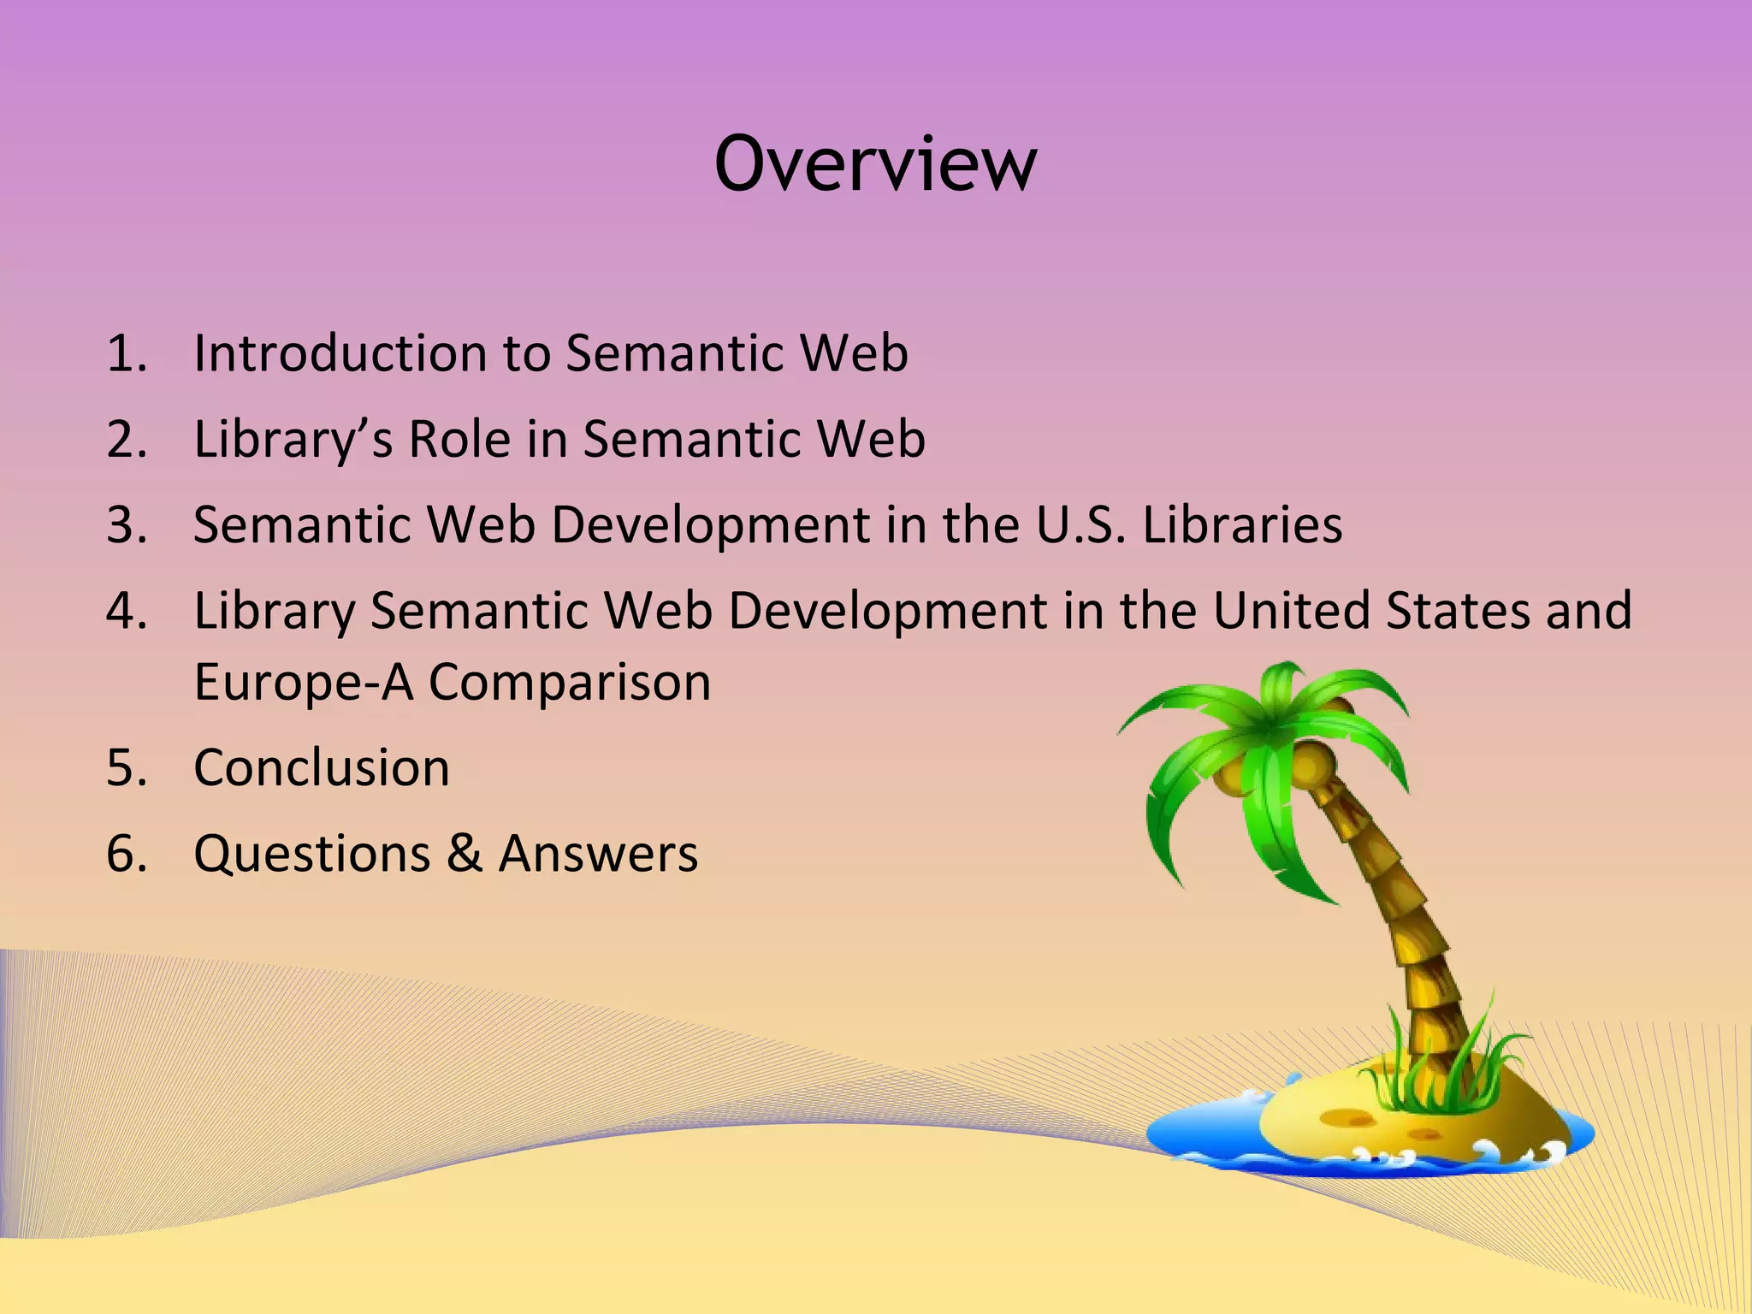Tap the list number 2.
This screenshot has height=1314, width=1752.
pyautogui.click(x=126, y=439)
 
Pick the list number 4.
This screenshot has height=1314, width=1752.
pyautogui.click(x=126, y=611)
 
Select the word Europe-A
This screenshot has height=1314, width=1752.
pyautogui.click(x=304, y=682)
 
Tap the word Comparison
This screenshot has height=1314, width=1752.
pyautogui.click(x=569, y=682)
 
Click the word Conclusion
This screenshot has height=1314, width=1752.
pyautogui.click(x=322, y=767)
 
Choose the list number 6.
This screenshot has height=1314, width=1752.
pyautogui.click(x=126, y=854)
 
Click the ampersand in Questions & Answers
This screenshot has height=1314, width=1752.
pyautogui.click(x=464, y=854)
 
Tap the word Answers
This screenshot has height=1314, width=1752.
pyautogui.click(x=598, y=854)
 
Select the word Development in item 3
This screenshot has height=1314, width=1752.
pyautogui.click(x=709, y=524)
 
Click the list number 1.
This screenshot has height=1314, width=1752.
pyautogui.click(x=126, y=352)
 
